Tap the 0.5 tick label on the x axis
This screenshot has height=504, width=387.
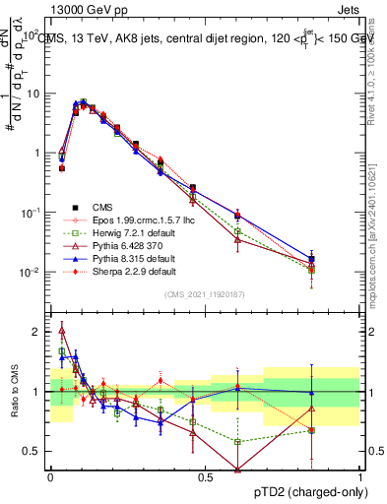click(205, 476)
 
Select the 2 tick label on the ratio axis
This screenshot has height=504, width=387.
click(37, 332)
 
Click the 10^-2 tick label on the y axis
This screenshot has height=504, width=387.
click(28, 273)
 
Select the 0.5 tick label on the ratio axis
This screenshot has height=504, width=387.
click(33, 451)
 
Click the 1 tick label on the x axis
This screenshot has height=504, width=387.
click(358, 476)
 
